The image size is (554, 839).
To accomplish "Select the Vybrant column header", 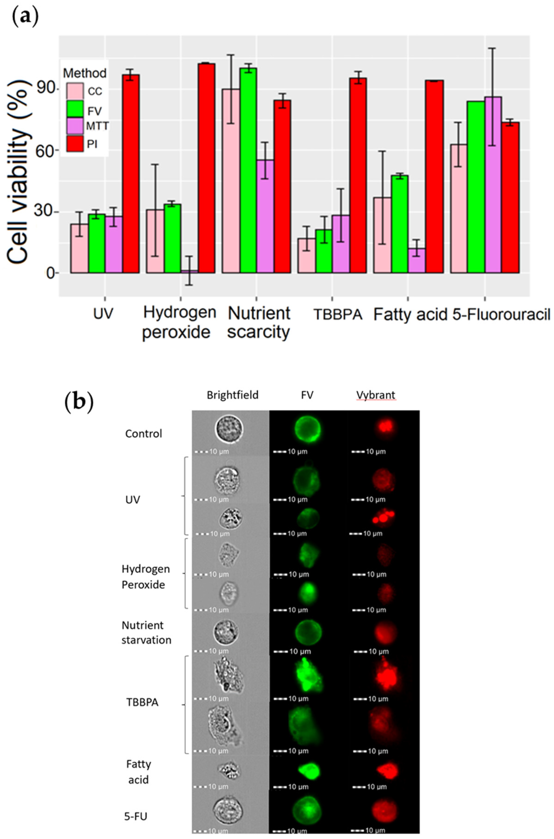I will (x=375, y=395).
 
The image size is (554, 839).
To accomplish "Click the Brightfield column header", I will (x=232, y=395).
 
